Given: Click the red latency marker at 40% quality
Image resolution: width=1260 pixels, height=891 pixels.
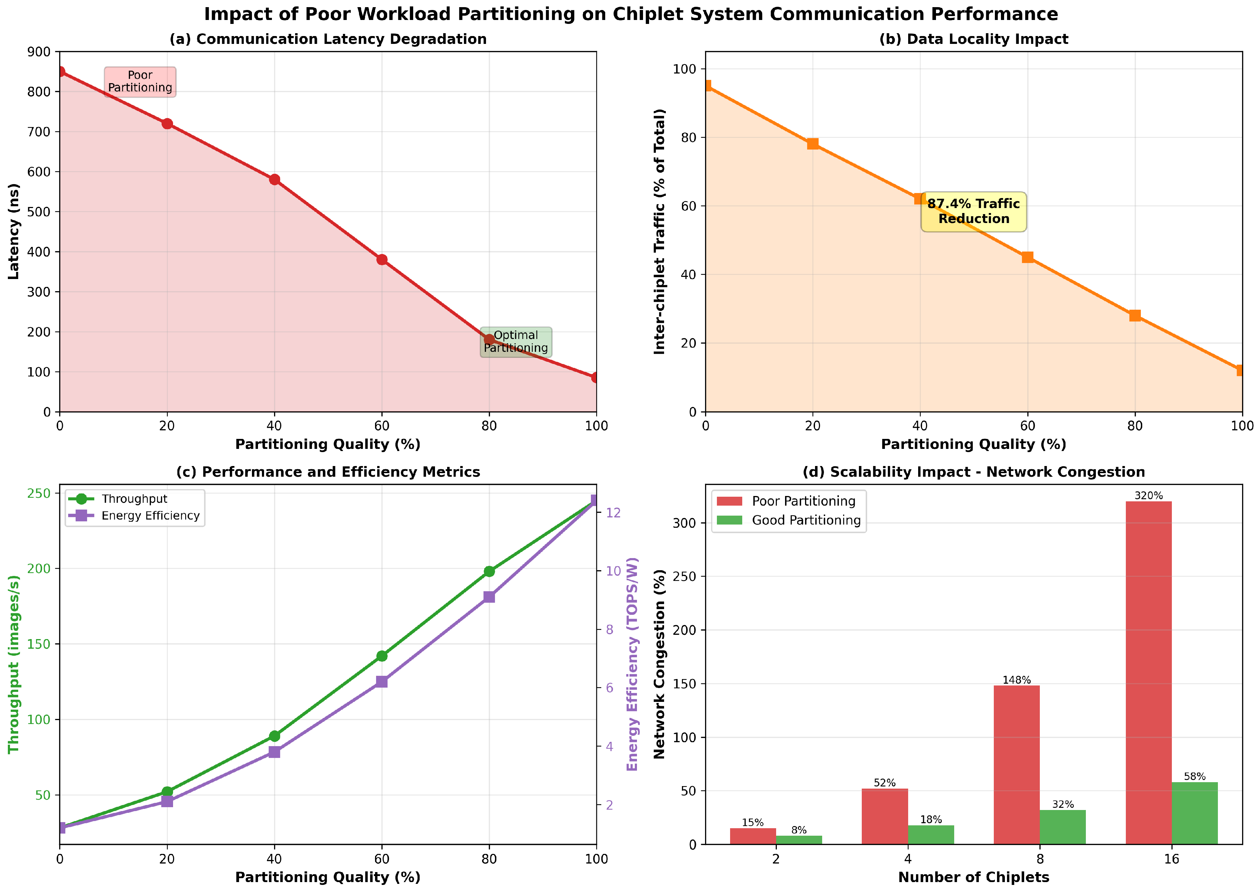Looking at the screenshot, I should (274, 179).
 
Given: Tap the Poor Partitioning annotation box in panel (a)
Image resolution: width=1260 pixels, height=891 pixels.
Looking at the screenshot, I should (140, 82).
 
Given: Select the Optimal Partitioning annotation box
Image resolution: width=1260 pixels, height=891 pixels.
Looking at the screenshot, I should (516, 342).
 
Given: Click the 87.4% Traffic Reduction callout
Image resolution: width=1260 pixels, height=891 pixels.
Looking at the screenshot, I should (973, 211).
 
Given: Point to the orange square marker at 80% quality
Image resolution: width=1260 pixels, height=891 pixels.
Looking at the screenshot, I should (1135, 315).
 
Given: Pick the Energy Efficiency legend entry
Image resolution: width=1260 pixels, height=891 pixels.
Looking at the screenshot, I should (150, 516).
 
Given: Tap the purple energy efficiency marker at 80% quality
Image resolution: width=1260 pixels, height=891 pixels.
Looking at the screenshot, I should (489, 597).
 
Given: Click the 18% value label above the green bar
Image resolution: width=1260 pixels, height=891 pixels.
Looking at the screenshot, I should (931, 820).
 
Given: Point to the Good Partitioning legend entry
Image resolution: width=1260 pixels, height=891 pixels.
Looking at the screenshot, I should (806, 520).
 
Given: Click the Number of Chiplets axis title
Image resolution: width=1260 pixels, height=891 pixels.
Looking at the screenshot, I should (973, 877).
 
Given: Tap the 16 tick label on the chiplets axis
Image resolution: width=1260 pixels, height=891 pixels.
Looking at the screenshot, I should (1171, 859).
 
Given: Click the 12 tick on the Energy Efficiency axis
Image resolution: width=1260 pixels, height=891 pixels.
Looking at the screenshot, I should (613, 512).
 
